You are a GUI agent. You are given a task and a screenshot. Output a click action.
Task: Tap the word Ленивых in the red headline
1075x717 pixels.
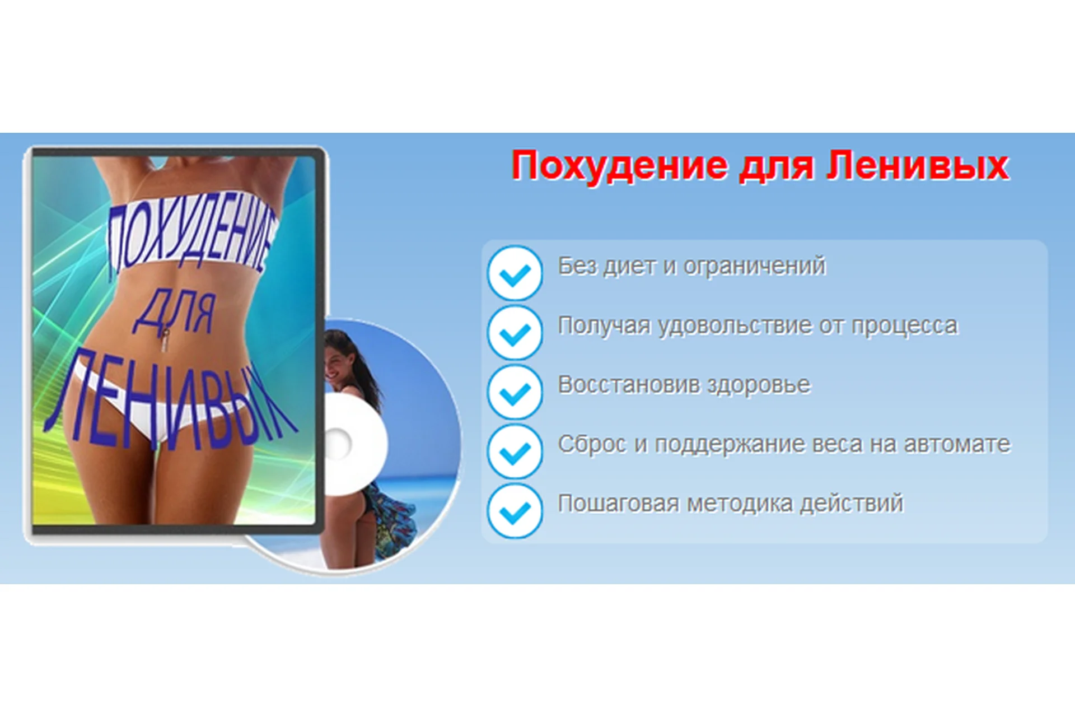[x=918, y=166]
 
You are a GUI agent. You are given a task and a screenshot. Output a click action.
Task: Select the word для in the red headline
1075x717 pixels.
[x=776, y=167]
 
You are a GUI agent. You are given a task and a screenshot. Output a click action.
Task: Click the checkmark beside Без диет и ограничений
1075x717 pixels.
[x=515, y=273]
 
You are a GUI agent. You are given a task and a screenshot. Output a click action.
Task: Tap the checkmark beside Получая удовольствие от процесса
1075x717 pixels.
[x=515, y=333]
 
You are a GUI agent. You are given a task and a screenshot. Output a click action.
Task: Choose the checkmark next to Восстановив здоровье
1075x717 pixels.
[x=515, y=392]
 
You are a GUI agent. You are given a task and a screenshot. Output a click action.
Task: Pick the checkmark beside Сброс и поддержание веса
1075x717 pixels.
[x=515, y=451]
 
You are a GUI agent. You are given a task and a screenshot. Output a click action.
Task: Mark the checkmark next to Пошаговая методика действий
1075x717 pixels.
[x=515, y=511]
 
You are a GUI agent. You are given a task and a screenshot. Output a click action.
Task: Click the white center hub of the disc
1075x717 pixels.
[x=339, y=444]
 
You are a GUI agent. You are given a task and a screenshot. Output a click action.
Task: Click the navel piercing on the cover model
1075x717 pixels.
[x=166, y=339]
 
